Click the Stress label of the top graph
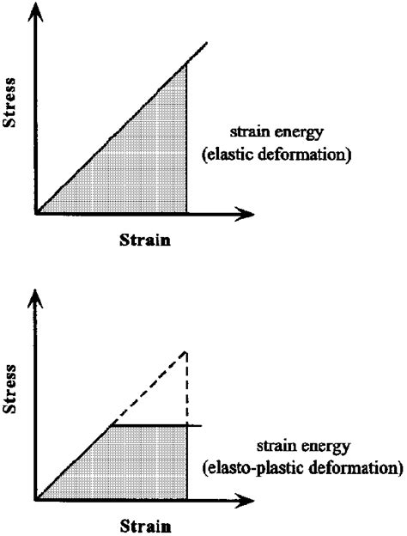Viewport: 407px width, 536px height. pos(11,103)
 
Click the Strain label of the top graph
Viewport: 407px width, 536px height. pos(143,240)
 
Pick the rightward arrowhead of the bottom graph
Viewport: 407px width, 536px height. pos(248,499)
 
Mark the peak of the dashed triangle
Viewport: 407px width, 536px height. pos(186,352)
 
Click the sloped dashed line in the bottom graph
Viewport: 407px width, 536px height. pos(150,388)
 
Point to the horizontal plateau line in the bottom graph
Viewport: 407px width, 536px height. pos(155,424)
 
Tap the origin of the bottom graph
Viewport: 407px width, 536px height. pos(36,499)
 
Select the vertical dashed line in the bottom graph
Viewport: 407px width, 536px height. pos(186,387)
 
